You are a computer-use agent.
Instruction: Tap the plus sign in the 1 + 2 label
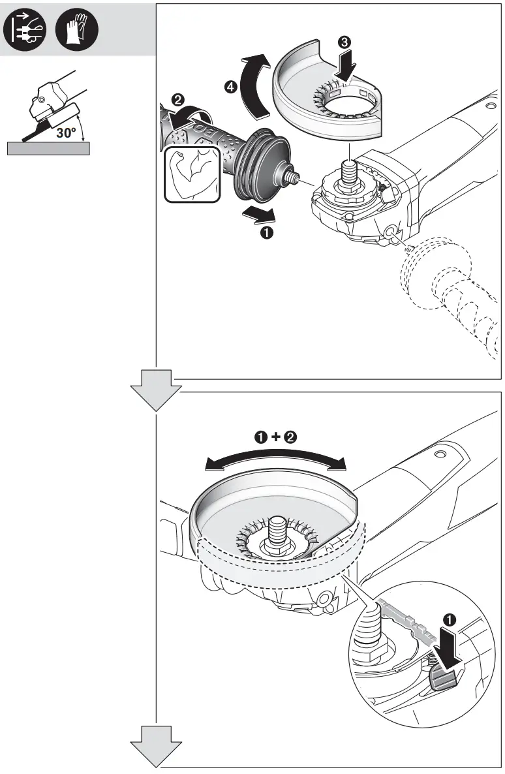tap(275, 438)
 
